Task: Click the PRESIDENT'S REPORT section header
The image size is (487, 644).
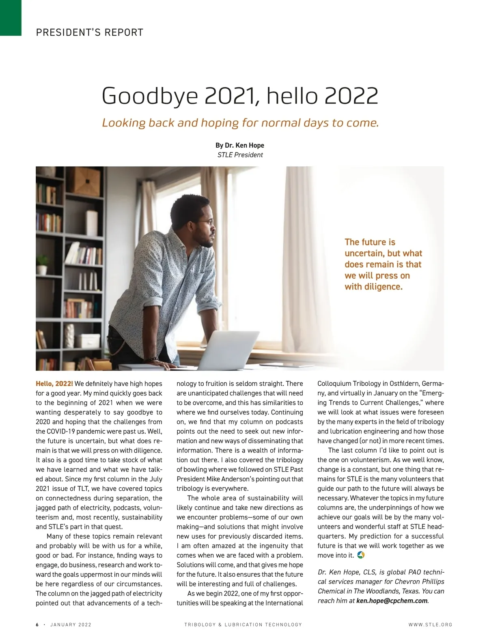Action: pos(90,32)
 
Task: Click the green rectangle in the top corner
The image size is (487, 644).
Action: pos(11,17)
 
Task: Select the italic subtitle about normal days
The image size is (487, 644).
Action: pos(240,122)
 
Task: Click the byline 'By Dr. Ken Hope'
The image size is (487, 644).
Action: pos(240,145)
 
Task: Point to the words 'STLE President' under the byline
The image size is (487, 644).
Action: pos(240,155)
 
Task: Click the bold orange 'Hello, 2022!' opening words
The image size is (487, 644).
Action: pos(54,384)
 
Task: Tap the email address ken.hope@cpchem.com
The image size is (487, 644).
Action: pos(392,601)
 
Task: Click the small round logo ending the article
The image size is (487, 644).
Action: pos(361,555)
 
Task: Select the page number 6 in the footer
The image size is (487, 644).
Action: pos(37,625)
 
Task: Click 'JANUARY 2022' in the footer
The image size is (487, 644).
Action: pos(71,625)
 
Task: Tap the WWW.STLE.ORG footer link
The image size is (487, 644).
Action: pos(430,625)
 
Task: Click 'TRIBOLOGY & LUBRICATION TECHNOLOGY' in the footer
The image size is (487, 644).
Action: pos(243,625)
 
